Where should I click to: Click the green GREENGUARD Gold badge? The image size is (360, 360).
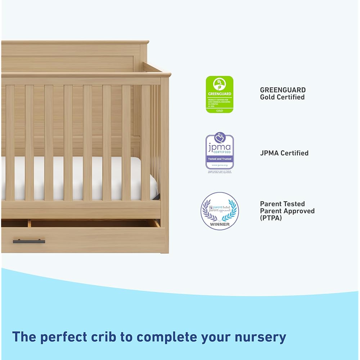220,94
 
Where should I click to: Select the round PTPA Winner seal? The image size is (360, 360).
220,211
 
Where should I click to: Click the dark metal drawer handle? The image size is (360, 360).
29,241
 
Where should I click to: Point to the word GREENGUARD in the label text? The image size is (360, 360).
283,90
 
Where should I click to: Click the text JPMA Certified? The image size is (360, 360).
284,153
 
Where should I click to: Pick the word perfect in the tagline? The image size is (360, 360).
64,337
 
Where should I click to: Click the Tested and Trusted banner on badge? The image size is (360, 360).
220,159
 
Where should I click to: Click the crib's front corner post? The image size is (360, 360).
165,162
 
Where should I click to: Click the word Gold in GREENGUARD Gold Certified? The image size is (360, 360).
269,97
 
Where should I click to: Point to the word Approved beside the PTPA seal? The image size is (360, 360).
298,211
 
